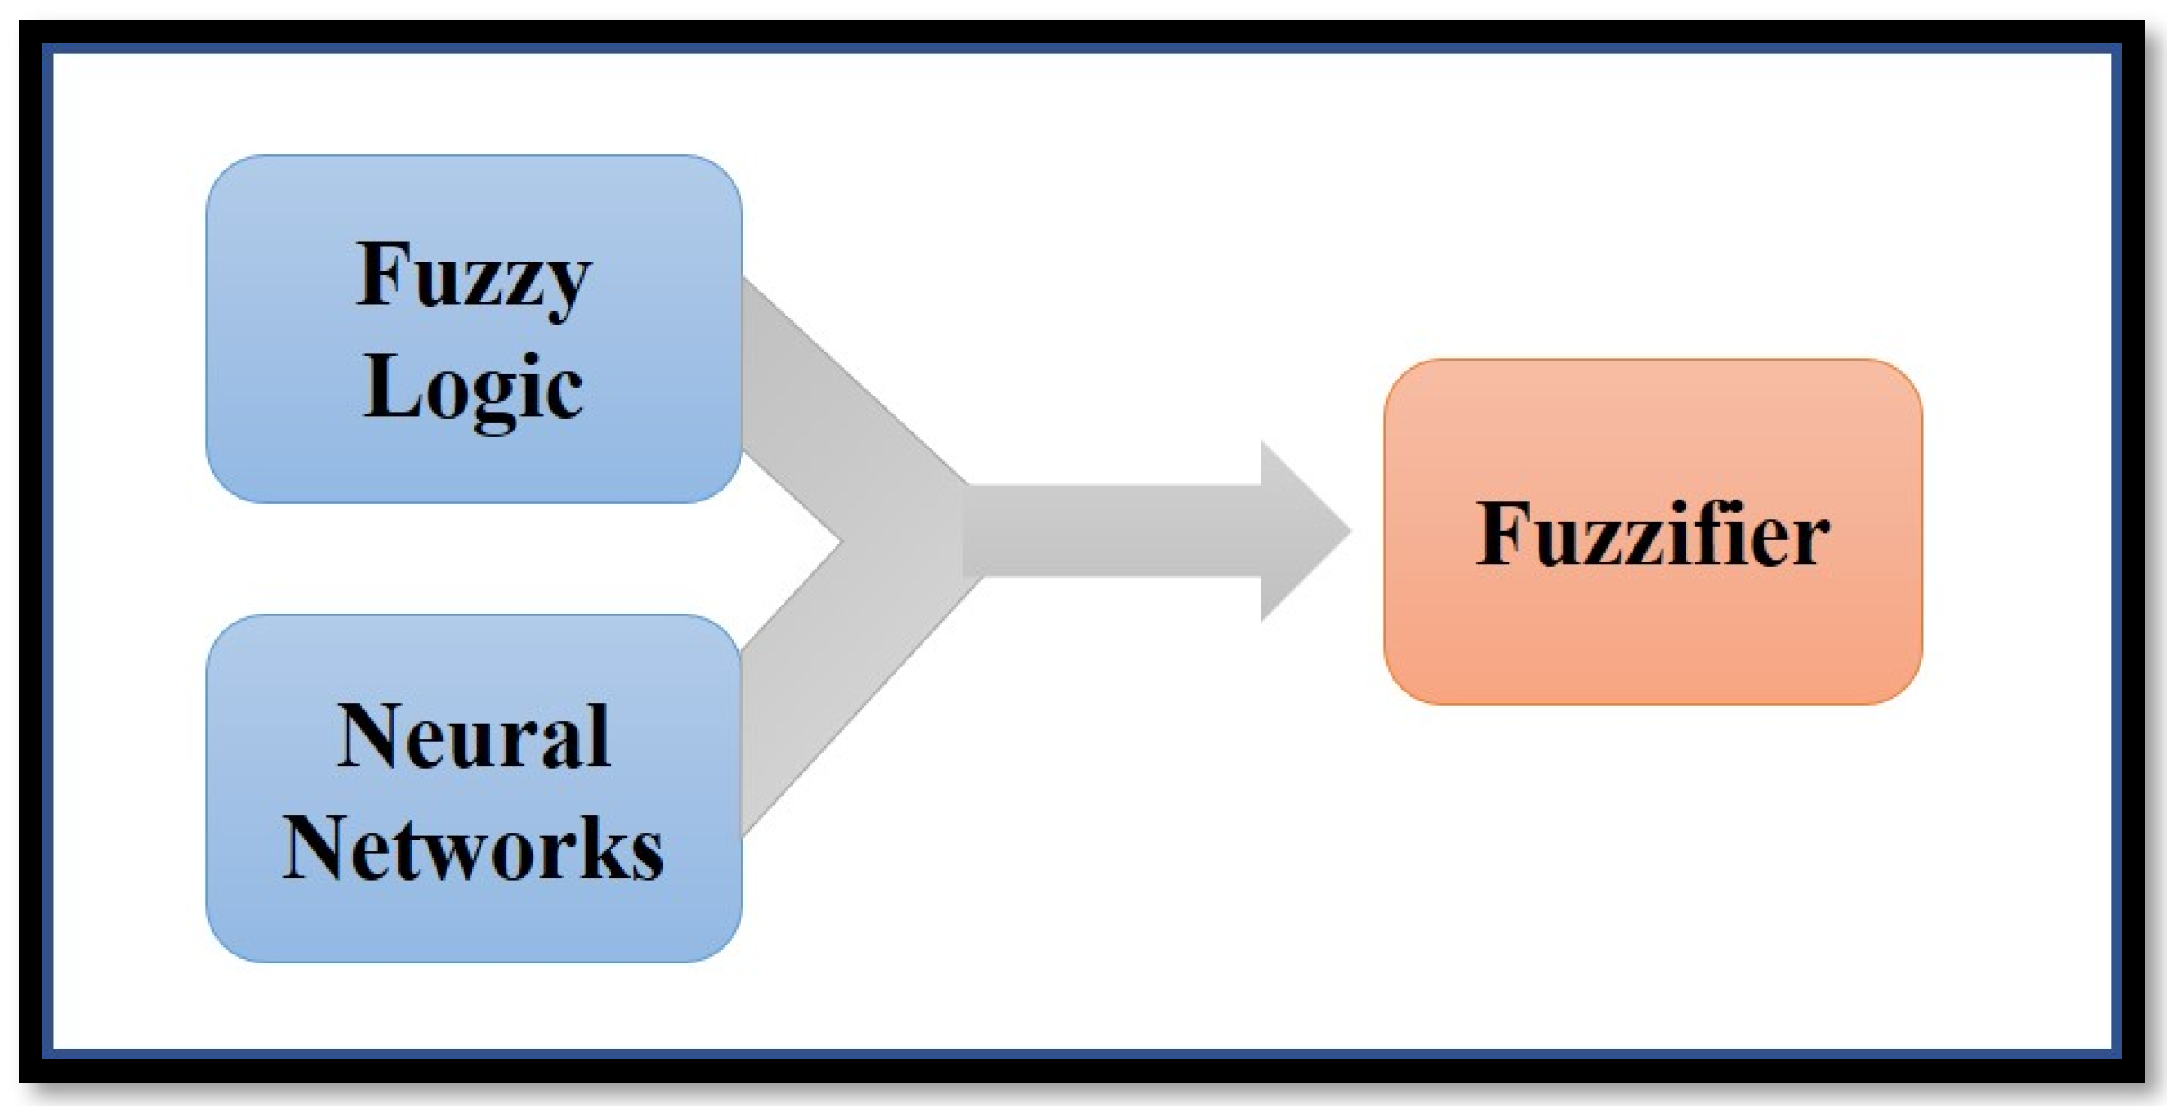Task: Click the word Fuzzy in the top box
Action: click(473, 276)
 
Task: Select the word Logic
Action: click(473, 388)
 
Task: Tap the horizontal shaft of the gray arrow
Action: click(1112, 531)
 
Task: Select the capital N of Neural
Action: click(369, 736)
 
